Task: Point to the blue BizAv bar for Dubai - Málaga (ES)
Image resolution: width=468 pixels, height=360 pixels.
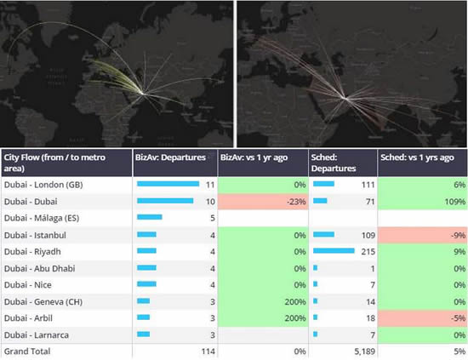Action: [x=149, y=217]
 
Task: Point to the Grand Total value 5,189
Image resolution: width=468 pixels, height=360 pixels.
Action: [x=361, y=351]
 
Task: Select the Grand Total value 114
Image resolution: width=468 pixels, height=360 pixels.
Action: [x=205, y=351]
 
